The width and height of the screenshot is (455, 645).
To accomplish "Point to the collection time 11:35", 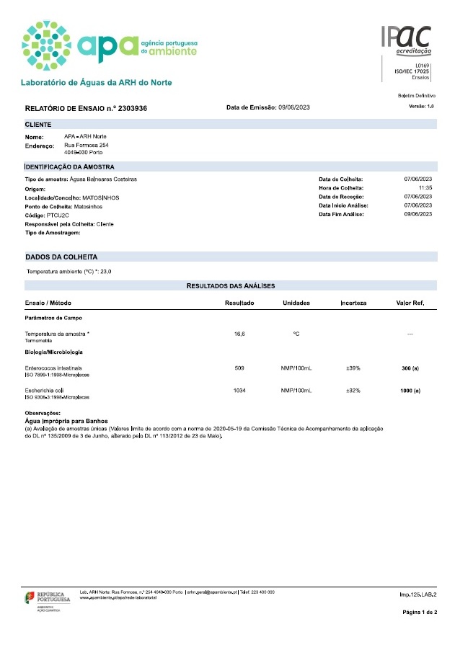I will pyautogui.click(x=425, y=187).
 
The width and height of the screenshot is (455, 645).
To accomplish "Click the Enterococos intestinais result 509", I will pyautogui.click(x=239, y=368).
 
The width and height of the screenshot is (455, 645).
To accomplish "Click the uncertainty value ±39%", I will pyautogui.click(x=353, y=368).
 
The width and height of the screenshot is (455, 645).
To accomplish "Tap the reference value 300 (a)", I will pyautogui.click(x=410, y=368).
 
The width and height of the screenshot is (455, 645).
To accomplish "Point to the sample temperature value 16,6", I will pyautogui.click(x=239, y=334).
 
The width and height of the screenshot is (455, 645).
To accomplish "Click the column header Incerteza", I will pyautogui.click(x=353, y=303).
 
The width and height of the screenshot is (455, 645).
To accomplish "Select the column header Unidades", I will pyautogui.click(x=296, y=303).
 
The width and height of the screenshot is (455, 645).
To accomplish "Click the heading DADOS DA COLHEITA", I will pyautogui.click(x=61, y=257).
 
